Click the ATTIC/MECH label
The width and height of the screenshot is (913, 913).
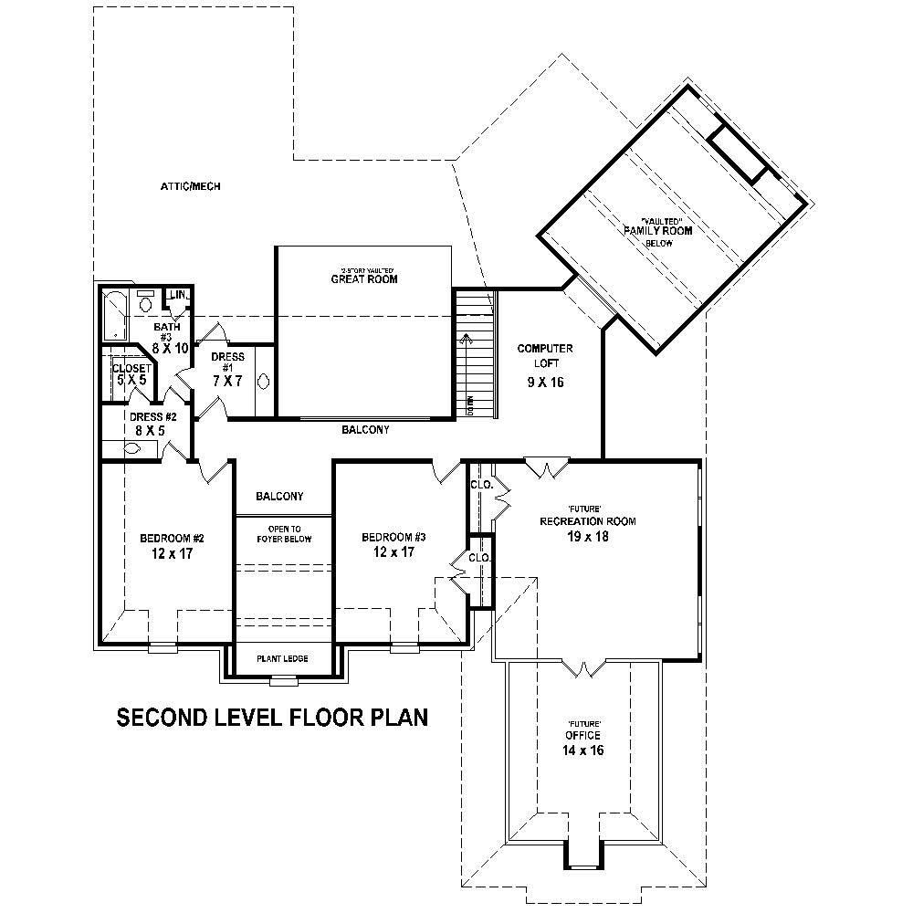point(191,186)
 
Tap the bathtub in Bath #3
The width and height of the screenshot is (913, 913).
point(114,315)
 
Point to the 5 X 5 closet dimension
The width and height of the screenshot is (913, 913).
point(131,381)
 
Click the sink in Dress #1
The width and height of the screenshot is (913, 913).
point(264,382)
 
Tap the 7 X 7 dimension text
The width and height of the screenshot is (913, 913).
point(226,380)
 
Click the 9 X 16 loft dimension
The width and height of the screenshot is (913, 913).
point(545,382)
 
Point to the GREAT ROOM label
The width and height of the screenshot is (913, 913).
point(364,279)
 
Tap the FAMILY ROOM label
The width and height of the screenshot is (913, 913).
point(657,231)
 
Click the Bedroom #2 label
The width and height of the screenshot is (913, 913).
point(165,537)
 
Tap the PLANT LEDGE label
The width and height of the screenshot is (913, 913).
point(282,657)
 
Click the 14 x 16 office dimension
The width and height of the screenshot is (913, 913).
point(583,750)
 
